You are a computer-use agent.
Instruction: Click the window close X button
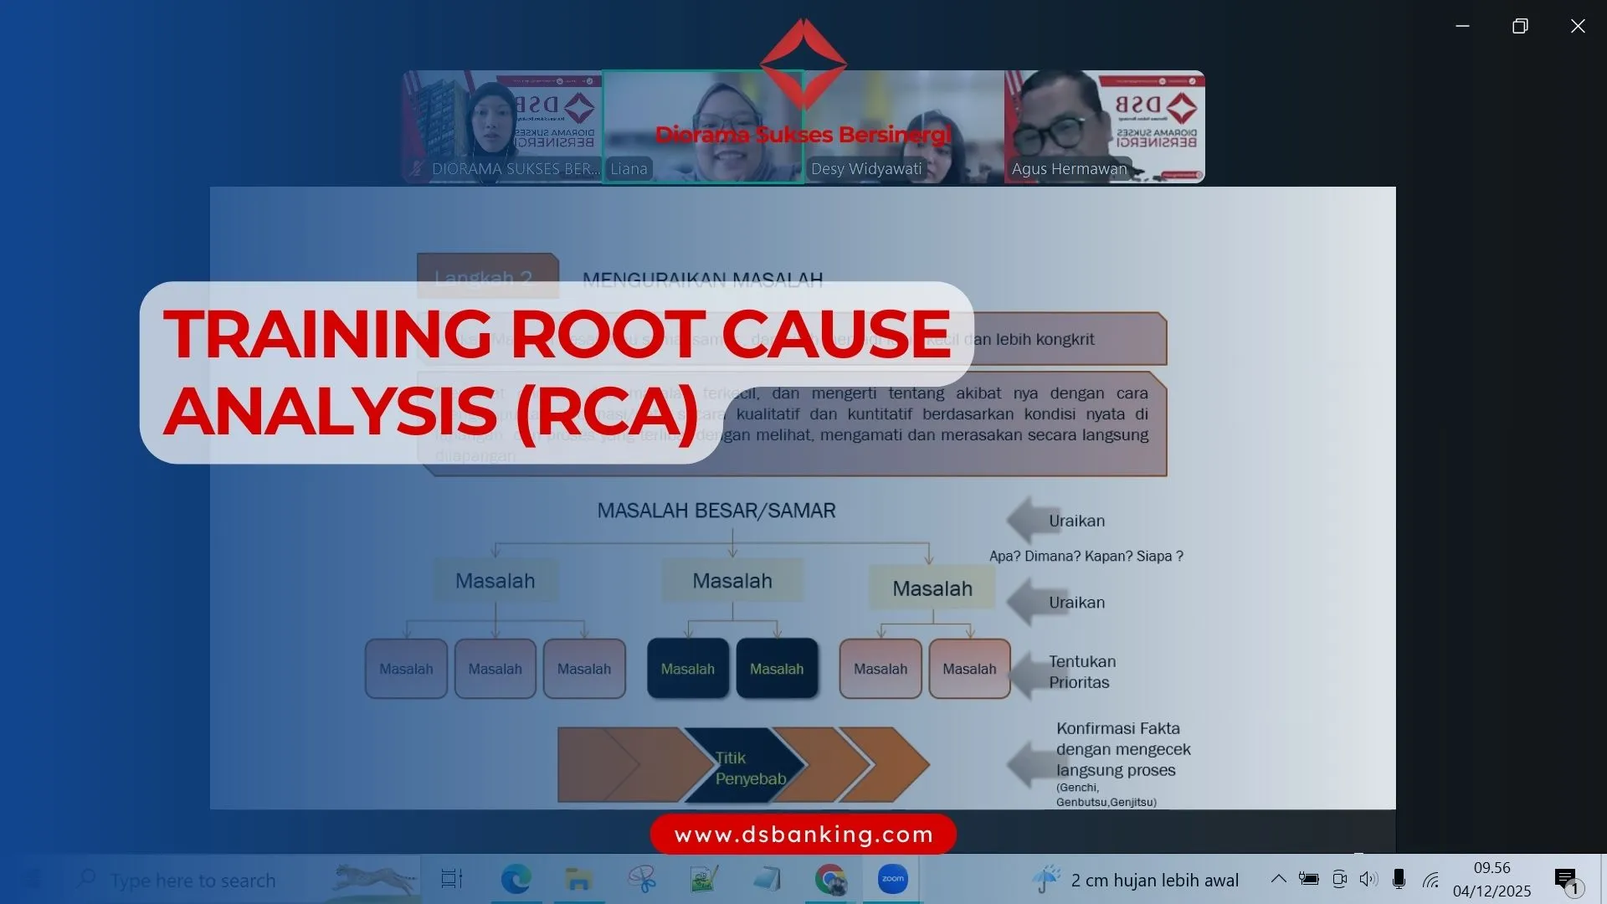pos(1578,27)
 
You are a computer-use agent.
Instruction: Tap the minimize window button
pos(1462,27)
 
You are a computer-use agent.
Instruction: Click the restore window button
pos(1520,27)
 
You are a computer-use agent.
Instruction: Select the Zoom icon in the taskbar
pos(892,879)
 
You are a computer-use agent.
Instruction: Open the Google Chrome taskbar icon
pos(829,879)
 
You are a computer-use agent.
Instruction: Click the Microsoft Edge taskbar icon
pos(516,879)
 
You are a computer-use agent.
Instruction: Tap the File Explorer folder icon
pos(578,879)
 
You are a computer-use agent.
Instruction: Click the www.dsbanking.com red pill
pos(803,835)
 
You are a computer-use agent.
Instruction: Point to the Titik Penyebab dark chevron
pos(745,767)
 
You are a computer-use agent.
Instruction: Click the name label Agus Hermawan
pos(1069,169)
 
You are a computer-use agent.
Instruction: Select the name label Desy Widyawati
pos(866,169)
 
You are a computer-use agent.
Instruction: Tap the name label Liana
pos(629,169)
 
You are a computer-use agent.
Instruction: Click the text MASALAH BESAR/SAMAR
pos(716,511)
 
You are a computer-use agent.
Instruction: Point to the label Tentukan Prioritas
pos(1081,671)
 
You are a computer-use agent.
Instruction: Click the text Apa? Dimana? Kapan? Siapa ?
pos(1086,557)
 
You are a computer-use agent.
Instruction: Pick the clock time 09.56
pos(1491,868)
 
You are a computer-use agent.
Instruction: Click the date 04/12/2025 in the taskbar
pos(1491,891)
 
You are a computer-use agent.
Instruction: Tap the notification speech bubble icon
pos(1565,878)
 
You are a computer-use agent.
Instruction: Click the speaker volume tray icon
pos(1368,879)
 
